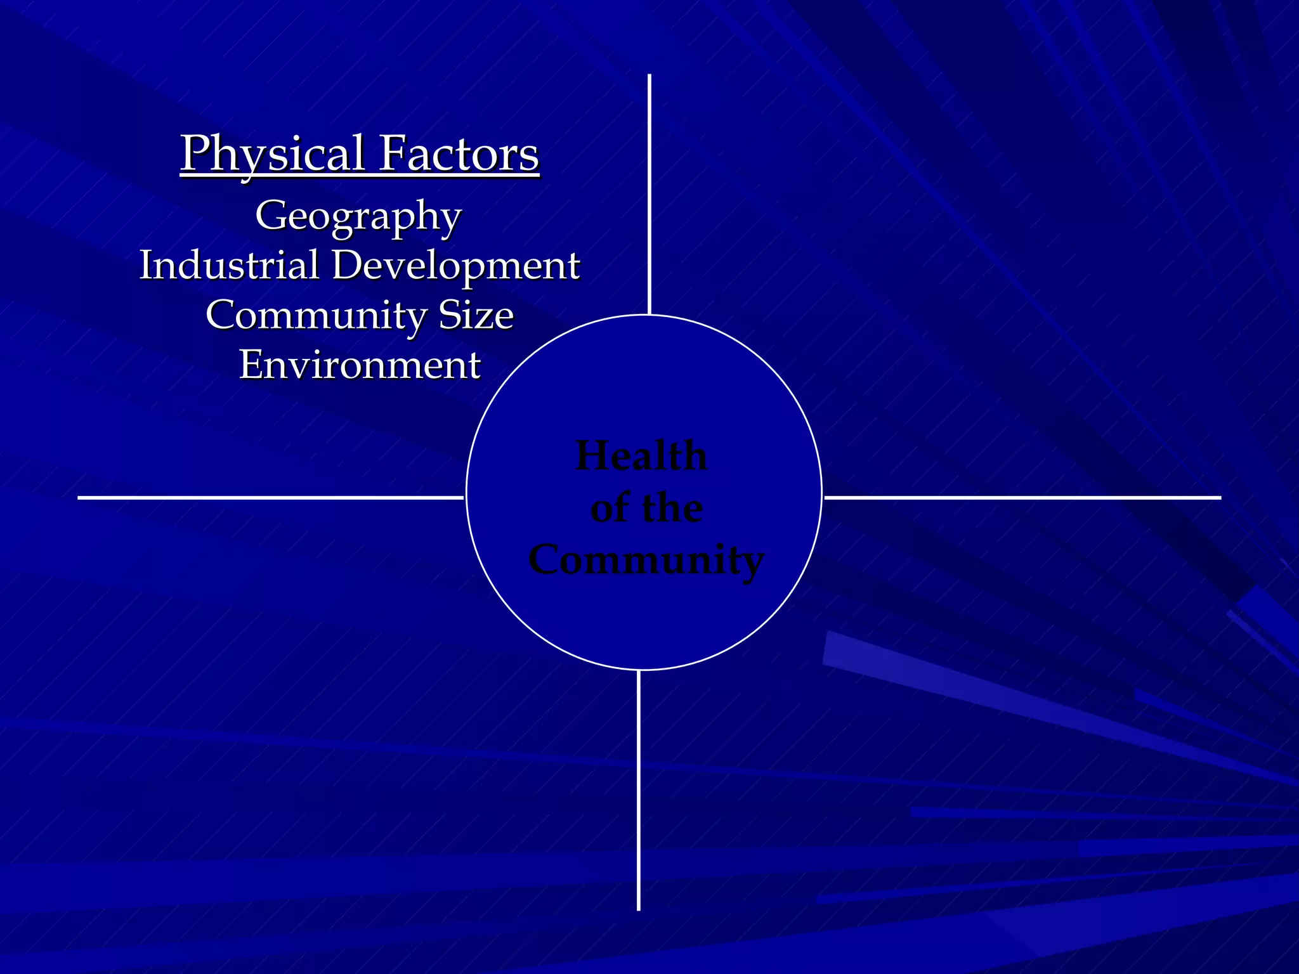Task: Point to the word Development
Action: click(455, 266)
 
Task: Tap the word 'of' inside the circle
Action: click(611, 508)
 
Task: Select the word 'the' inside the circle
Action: click(672, 508)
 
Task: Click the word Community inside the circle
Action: click(646, 560)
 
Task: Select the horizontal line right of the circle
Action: click(1022, 498)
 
